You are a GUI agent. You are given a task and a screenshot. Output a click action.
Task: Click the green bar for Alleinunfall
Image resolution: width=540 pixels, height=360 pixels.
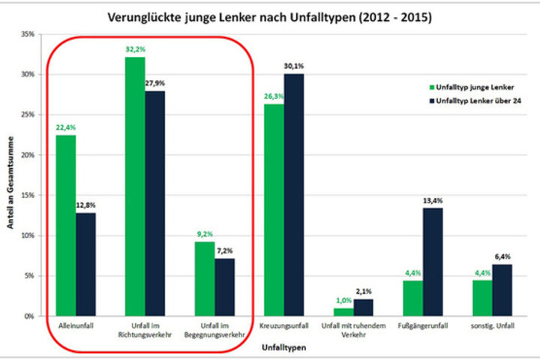65,225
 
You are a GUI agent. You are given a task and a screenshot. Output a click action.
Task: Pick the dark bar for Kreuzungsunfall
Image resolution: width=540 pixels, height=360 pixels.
293,194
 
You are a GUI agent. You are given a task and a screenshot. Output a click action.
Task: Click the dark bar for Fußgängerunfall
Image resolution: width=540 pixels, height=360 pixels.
432,262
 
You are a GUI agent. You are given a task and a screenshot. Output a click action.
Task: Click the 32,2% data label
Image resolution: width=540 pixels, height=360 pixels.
134,49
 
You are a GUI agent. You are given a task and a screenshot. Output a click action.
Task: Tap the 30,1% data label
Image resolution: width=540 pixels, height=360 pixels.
294,66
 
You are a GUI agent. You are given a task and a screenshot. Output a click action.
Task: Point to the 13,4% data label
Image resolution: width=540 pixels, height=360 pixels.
433,200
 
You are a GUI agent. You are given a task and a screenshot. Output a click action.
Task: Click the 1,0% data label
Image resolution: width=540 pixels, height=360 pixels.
343,300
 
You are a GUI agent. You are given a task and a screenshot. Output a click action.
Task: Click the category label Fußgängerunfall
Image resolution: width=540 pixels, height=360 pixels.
421,325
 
